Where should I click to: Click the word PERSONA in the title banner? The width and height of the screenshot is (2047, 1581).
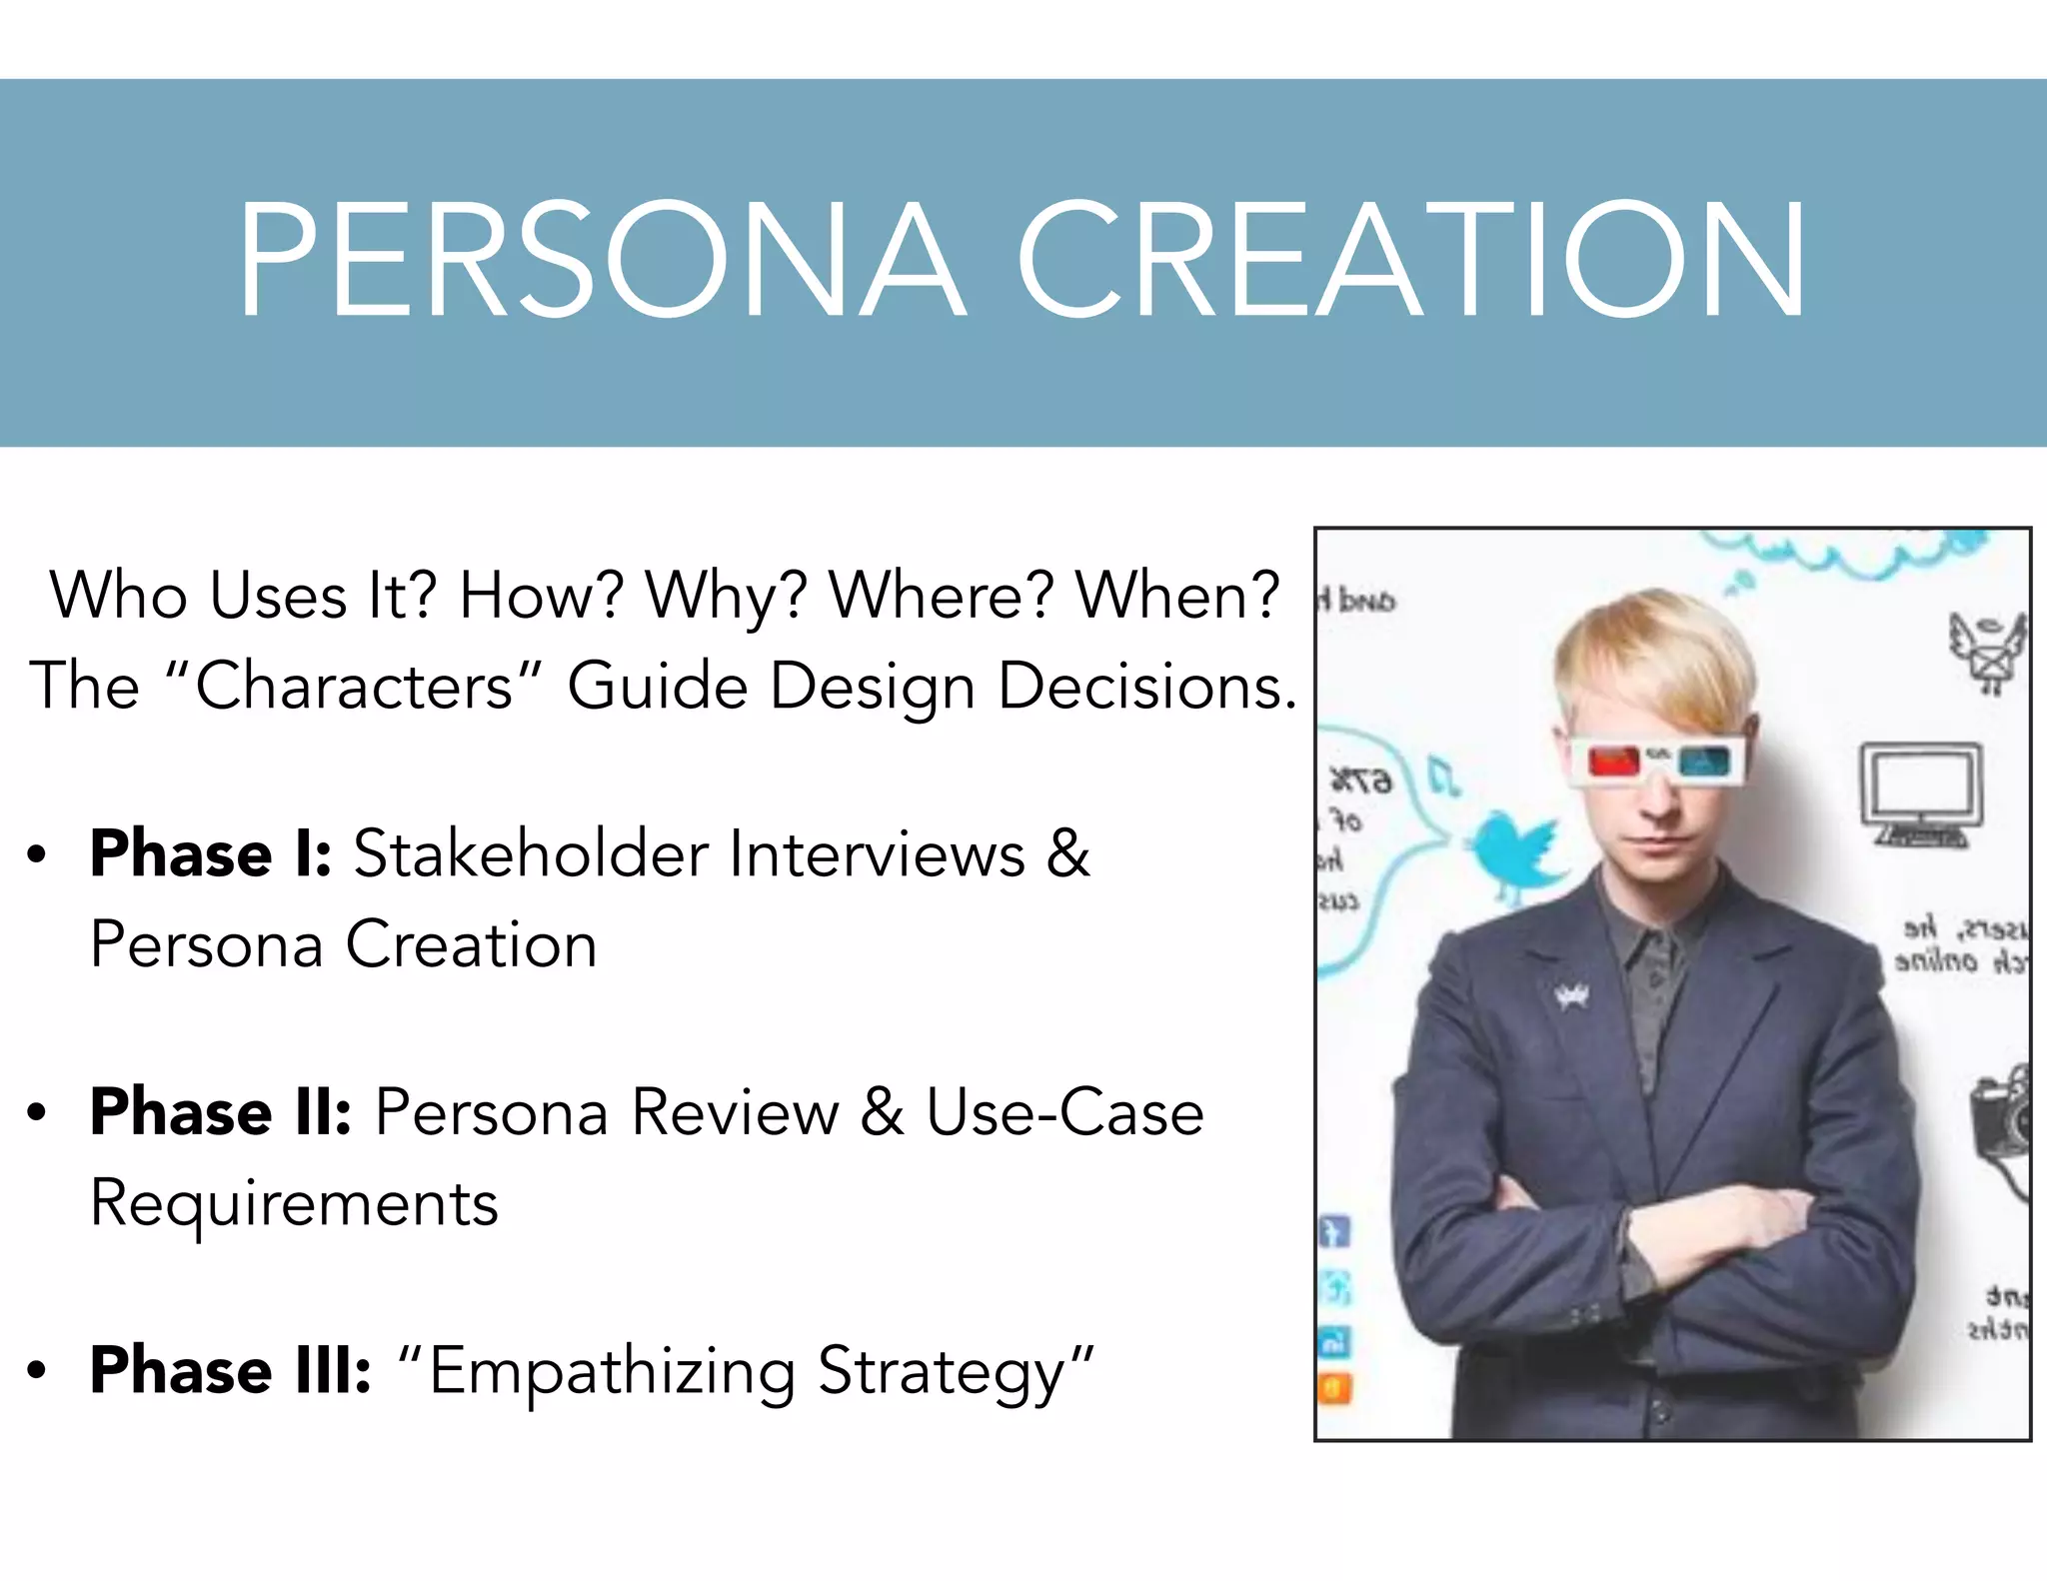[600, 260]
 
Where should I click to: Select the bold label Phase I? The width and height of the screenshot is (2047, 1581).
[210, 854]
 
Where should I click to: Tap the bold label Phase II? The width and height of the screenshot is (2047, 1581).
[220, 1112]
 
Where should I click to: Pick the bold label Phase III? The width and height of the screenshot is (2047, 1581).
[230, 1370]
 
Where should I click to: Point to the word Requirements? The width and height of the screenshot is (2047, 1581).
[294, 1204]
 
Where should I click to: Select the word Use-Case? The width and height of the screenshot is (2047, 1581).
[1064, 1112]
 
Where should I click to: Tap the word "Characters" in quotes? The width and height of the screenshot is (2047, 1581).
[355, 687]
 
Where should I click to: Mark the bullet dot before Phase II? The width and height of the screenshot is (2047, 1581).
[37, 1113]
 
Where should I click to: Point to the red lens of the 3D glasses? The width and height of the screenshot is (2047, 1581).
[1613, 763]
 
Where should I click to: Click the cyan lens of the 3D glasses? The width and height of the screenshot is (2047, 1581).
[1704, 763]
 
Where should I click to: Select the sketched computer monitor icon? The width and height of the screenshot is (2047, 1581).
[1920, 794]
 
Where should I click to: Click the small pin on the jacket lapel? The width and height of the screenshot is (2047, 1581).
[1571, 996]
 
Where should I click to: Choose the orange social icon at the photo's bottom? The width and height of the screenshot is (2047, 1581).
[1336, 1389]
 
